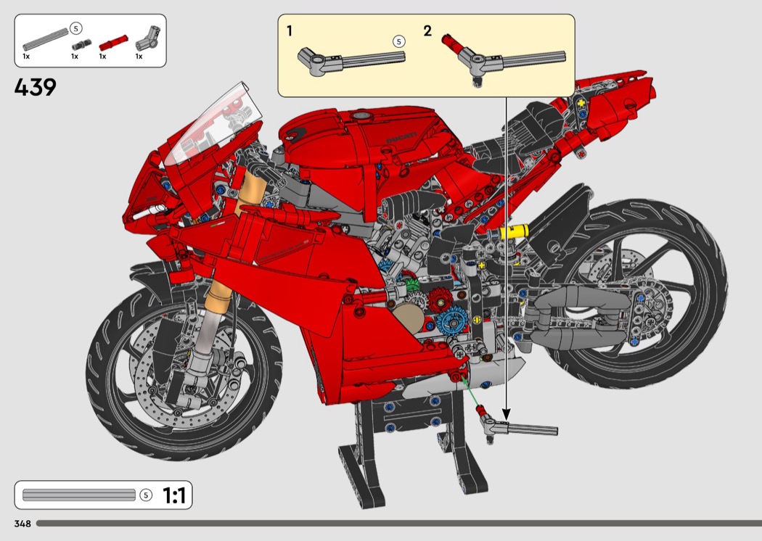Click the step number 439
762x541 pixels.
(36, 88)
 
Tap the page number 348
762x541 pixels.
(22, 524)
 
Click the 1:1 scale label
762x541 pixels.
(174, 496)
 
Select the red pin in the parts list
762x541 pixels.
(113, 44)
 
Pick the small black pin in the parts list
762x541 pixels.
(80, 45)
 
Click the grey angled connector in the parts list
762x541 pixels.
(147, 38)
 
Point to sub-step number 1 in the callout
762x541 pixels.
(290, 31)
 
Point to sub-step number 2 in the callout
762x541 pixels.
(427, 31)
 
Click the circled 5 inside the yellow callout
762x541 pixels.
(398, 42)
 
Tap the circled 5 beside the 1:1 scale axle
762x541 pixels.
(146, 495)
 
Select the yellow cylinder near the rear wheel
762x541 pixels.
(514, 231)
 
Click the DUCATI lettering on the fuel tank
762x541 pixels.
(401, 138)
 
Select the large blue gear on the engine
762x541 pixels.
(452, 321)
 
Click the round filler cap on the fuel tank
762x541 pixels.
(360, 115)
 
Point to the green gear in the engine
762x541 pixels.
(411, 284)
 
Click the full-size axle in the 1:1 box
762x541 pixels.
(78, 495)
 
